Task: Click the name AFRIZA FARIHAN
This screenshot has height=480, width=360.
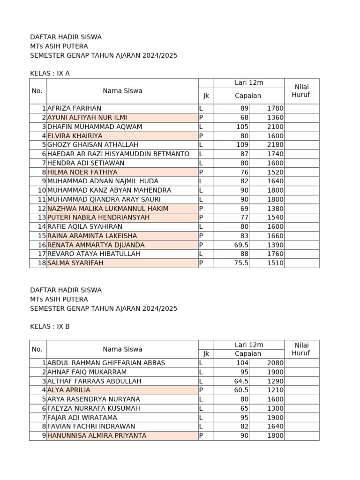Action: pyautogui.click(x=74, y=108)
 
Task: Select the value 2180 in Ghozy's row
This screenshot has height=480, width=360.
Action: pyautogui.click(x=275, y=145)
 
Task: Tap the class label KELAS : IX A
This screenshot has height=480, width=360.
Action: pyautogui.click(x=50, y=74)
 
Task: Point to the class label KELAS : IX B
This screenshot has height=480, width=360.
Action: pyautogui.click(x=50, y=327)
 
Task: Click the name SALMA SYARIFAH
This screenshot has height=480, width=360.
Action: pyautogui.click(x=75, y=263)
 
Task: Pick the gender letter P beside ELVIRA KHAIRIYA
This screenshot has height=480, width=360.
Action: pyautogui.click(x=201, y=136)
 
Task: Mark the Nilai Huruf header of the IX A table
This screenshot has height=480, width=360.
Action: pyautogui.click(x=301, y=91)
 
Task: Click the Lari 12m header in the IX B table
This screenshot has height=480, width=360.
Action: pyautogui.click(x=249, y=345)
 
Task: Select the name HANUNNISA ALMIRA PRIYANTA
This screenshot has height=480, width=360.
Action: pyautogui.click(x=97, y=435)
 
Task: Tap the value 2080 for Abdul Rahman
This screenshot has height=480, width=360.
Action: pyautogui.click(x=275, y=363)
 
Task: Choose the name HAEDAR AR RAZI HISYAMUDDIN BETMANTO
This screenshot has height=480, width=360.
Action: pyautogui.click(x=118, y=154)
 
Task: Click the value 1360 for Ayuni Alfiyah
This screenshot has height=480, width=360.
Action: pyautogui.click(x=275, y=118)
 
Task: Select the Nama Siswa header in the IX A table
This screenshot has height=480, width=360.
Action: pyautogui.click(x=122, y=91)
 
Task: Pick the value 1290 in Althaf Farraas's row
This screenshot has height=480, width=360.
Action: pyautogui.click(x=275, y=381)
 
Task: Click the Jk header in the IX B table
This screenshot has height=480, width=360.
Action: pyautogui.click(x=206, y=354)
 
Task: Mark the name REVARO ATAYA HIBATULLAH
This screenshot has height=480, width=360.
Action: pyautogui.click(x=94, y=254)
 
